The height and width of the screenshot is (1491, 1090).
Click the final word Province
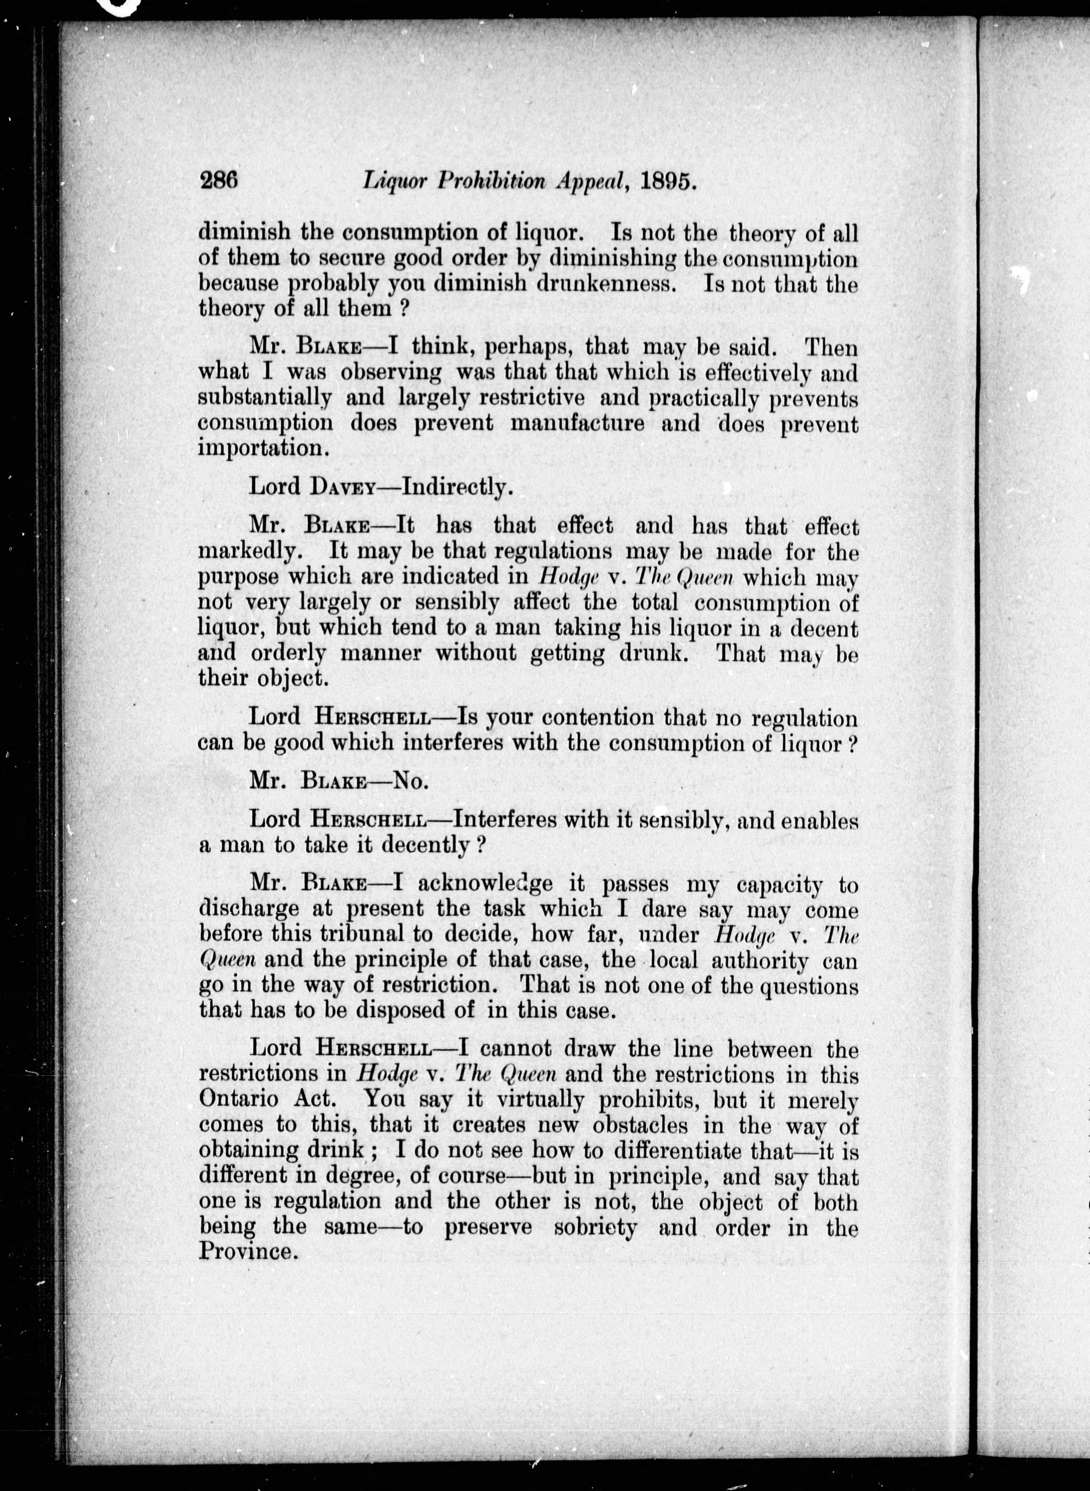245,1252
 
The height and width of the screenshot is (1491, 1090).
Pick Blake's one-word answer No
411,781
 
